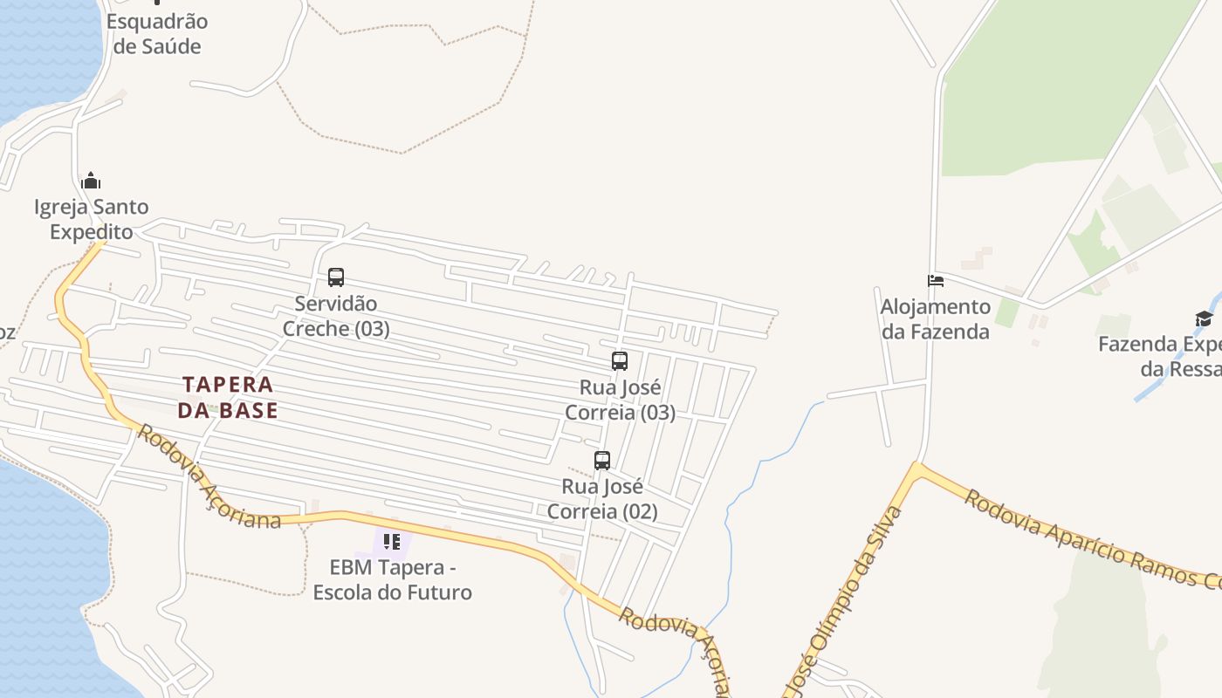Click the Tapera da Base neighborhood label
point(228,397)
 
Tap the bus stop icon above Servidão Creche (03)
point(336,277)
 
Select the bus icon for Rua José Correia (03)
point(620,361)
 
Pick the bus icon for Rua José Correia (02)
point(602,461)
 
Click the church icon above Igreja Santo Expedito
point(91,181)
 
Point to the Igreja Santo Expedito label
point(91,219)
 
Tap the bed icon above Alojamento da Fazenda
point(936,281)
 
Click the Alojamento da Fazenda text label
point(935,319)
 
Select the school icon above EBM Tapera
point(392,542)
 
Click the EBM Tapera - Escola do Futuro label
point(392,580)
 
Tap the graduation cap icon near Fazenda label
point(1204,318)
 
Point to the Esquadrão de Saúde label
point(157,33)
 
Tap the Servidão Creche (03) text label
point(336,316)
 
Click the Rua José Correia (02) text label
point(602,498)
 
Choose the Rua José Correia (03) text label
point(620,400)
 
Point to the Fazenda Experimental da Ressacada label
point(1161,356)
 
